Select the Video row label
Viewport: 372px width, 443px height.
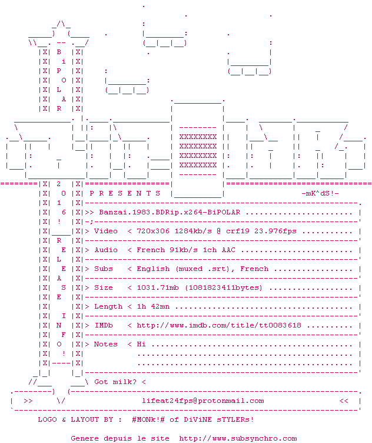pyautogui.click(x=106, y=231)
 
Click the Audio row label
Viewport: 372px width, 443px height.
pyautogui.click(x=106, y=250)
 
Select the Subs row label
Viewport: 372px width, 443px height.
pyautogui.click(x=104, y=269)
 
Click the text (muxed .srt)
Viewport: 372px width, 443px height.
pyautogui.click(x=202, y=269)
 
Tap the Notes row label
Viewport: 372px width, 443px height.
pyautogui.click(x=106, y=344)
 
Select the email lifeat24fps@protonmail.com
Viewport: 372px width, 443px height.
pyautogui.click(x=202, y=401)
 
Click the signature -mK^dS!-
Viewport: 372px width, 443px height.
pyautogui.click(x=320, y=193)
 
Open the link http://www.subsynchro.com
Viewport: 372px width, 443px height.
pyautogui.click(x=238, y=438)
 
